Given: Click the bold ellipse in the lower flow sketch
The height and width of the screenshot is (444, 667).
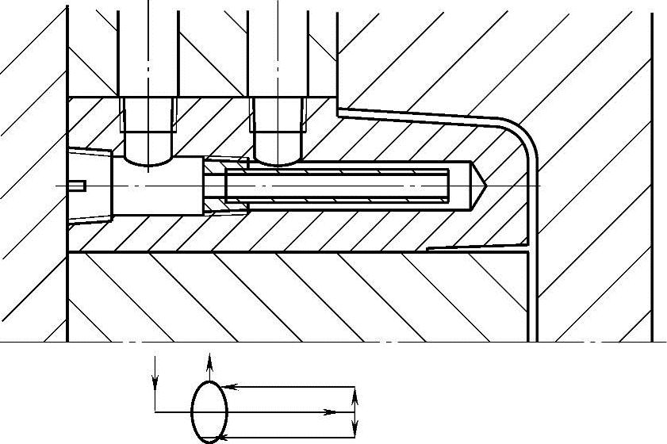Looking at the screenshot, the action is [x=209, y=410].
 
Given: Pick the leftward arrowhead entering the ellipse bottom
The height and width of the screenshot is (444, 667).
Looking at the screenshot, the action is [x=221, y=437].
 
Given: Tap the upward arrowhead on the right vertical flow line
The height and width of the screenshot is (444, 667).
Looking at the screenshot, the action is [x=355, y=394].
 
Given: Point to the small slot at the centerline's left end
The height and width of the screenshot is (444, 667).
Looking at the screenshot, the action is [x=78, y=186].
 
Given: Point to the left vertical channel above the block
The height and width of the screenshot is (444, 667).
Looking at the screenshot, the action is [x=148, y=48].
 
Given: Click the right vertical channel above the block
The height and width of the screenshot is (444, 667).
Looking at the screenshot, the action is [x=278, y=48].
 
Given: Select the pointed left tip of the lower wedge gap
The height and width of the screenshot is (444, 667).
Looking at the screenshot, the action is [x=429, y=248].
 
